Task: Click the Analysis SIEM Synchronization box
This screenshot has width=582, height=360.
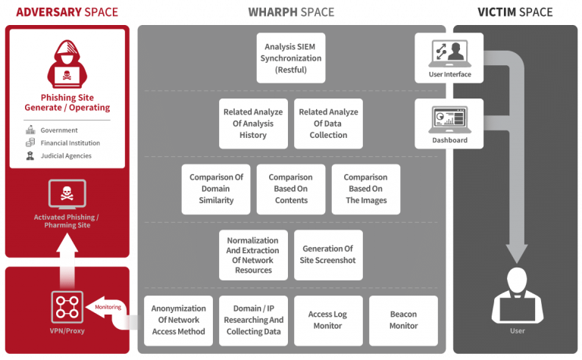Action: [291, 58]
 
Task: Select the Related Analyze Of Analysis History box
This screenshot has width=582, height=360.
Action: [253, 124]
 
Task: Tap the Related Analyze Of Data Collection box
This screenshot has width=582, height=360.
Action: [328, 124]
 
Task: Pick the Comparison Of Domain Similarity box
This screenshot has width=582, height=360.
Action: [216, 189]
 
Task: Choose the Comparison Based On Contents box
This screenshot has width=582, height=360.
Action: [291, 189]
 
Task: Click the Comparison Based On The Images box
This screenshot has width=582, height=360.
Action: [366, 189]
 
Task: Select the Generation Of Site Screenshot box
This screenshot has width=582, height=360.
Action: [328, 255]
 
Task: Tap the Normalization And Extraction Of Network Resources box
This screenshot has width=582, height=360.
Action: [253, 255]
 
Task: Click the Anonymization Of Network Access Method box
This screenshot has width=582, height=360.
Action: [178, 321]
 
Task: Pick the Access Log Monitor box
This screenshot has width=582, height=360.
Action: [328, 321]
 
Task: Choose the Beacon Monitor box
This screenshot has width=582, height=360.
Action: [403, 321]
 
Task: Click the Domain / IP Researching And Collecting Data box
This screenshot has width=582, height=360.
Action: [253, 321]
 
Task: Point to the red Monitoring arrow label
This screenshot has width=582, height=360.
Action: [106, 307]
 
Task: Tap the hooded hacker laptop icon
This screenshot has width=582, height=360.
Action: [67, 64]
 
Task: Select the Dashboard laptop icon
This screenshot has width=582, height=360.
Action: [449, 118]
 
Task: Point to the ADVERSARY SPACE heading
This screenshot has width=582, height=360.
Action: [66, 12]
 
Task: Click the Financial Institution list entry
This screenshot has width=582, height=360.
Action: [70, 142]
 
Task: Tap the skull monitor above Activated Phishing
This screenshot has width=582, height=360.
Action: [66, 194]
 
